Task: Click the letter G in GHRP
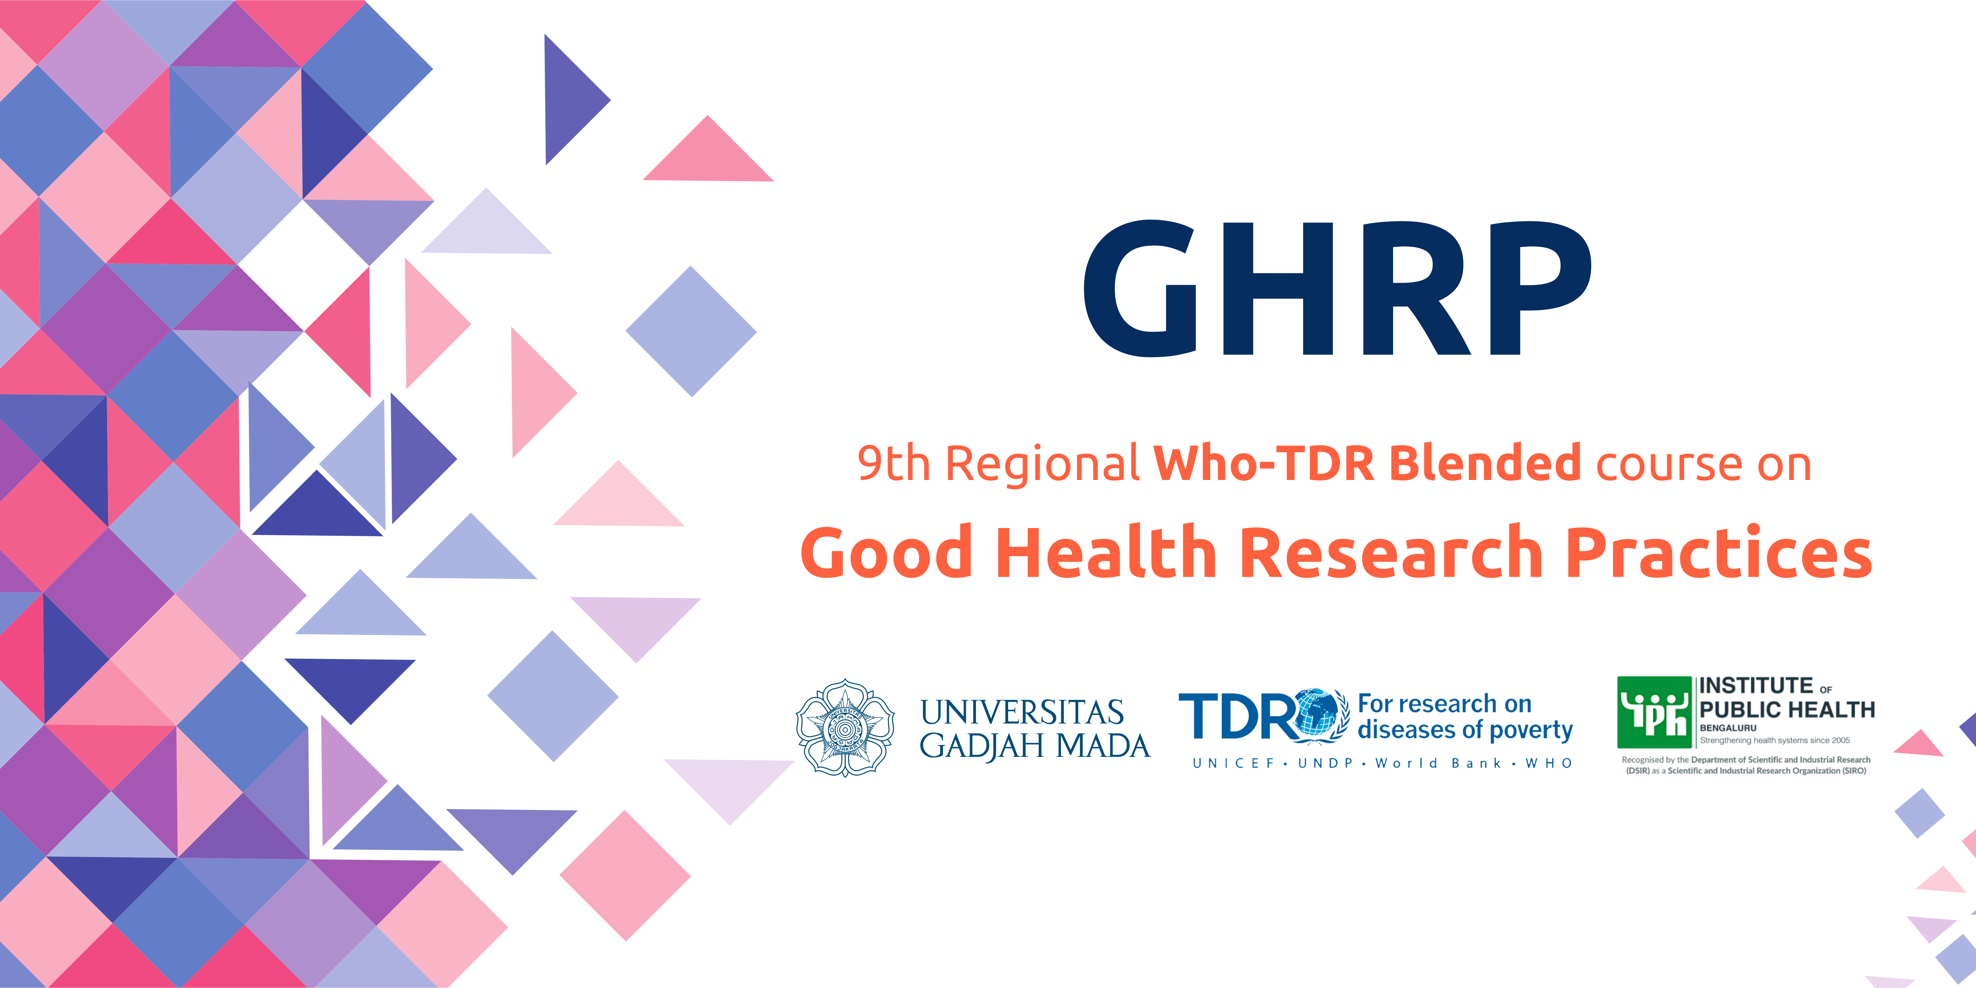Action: pyautogui.click(x=1140, y=288)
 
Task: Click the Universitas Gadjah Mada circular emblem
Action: pyautogui.click(x=844, y=727)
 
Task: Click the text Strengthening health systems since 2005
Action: pyautogui.click(x=1775, y=740)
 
